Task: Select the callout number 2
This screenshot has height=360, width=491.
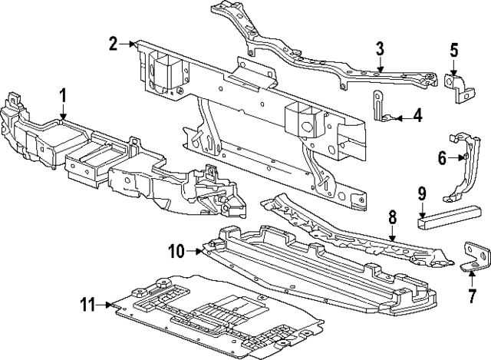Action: tap(114, 43)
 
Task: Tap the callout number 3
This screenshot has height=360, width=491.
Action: tap(380, 51)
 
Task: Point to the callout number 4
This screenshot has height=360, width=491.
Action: tap(417, 117)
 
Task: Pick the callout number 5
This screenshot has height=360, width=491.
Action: tap(454, 51)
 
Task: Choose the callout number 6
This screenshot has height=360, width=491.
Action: tap(442, 159)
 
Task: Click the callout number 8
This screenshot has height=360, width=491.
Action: tap(392, 218)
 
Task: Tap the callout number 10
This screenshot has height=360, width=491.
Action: tap(176, 250)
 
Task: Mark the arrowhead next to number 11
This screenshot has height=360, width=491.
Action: tap(110, 306)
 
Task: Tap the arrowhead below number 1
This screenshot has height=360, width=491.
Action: tap(63, 116)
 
